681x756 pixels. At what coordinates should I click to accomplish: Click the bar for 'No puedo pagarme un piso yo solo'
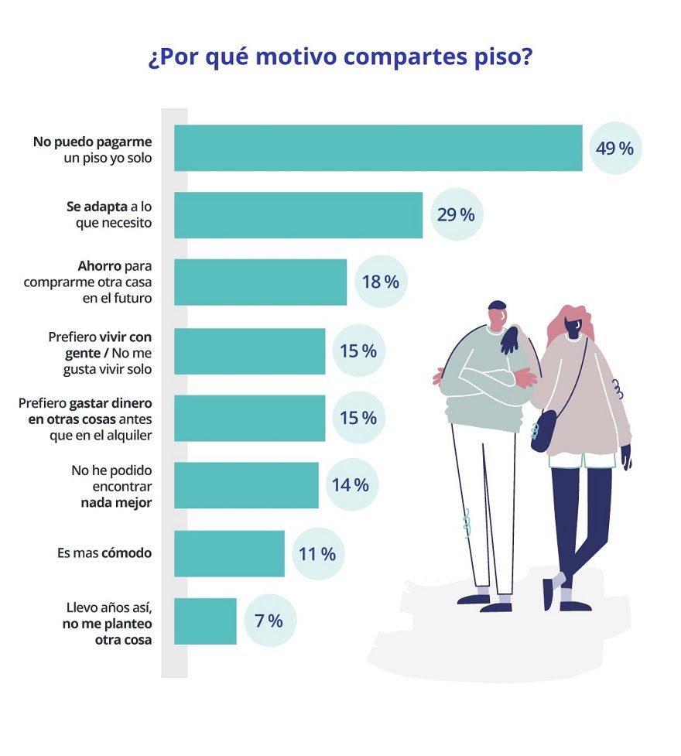(x=378, y=148)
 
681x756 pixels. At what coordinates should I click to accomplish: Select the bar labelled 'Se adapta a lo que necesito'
(x=298, y=215)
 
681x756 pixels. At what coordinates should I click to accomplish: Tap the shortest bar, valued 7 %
(x=205, y=621)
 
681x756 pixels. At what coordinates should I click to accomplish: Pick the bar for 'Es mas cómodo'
(x=229, y=553)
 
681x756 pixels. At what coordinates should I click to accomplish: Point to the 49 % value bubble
(x=615, y=148)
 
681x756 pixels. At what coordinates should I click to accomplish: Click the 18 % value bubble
(x=380, y=282)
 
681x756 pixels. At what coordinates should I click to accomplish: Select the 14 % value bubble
(x=350, y=485)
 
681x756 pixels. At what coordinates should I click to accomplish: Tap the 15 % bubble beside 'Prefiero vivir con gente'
(x=358, y=351)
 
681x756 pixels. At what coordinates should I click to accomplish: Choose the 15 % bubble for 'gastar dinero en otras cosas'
(x=358, y=418)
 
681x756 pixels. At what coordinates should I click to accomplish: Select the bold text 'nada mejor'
(x=116, y=502)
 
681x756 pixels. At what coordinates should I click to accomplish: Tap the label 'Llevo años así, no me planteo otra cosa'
(x=108, y=623)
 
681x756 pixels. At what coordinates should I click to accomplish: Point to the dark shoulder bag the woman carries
(x=544, y=431)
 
